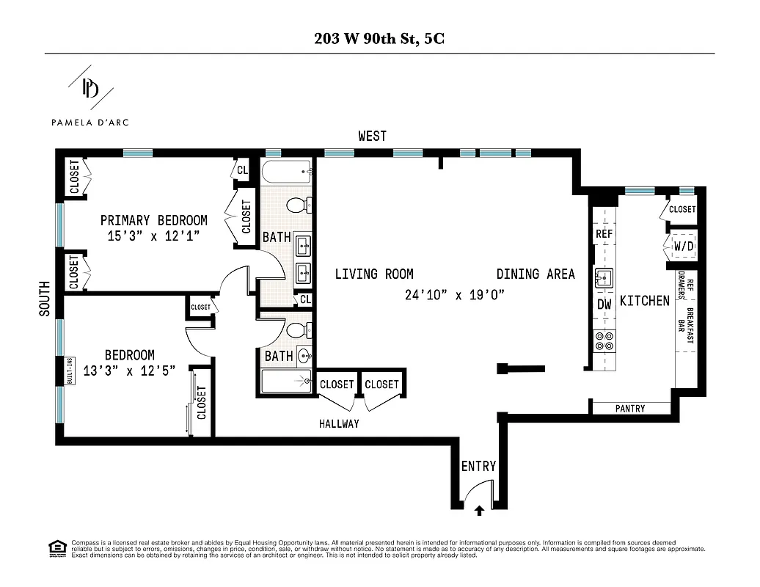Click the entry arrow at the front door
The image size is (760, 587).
480,508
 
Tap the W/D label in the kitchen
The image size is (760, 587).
683,247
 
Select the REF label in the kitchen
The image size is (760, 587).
604,234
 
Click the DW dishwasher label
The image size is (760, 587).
604,304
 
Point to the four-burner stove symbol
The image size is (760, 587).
604,341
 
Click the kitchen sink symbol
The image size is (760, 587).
604,277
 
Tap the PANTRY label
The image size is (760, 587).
630,409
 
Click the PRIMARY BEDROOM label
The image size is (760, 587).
153,220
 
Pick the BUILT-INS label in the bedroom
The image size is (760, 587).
70,371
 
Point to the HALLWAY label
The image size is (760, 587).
339,424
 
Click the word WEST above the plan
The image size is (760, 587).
372,136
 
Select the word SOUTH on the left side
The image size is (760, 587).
45,299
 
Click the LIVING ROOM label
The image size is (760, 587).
374,274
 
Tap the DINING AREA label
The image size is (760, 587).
536,274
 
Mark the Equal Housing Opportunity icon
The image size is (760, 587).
56,547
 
